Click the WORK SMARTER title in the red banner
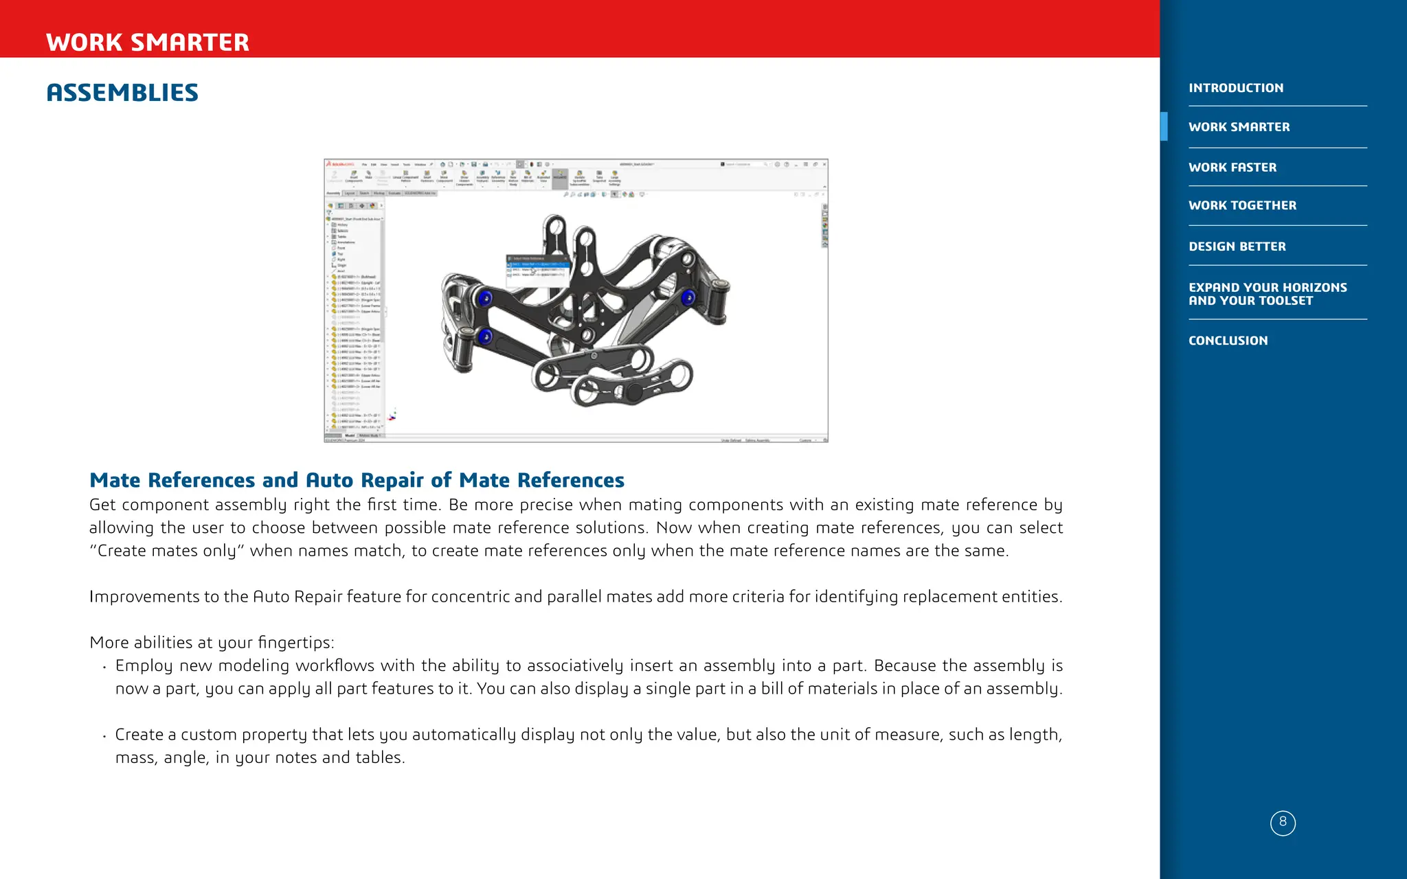coord(148,43)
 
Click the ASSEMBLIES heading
coord(122,93)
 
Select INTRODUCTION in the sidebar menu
coord(1235,88)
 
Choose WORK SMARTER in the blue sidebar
coord(1239,127)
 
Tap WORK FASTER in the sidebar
coord(1232,168)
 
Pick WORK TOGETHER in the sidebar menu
coord(1242,205)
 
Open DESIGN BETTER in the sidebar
coord(1237,247)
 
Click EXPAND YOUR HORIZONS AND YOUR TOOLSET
coord(1267,294)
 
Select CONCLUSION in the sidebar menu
coord(1228,341)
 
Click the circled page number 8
coord(1283,823)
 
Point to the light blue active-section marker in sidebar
coord(1164,126)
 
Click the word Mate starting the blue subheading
coord(115,480)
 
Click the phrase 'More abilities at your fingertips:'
coord(212,643)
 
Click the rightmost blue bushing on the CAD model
coord(688,298)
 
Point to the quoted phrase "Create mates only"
coord(167,551)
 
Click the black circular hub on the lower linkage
coord(633,393)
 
